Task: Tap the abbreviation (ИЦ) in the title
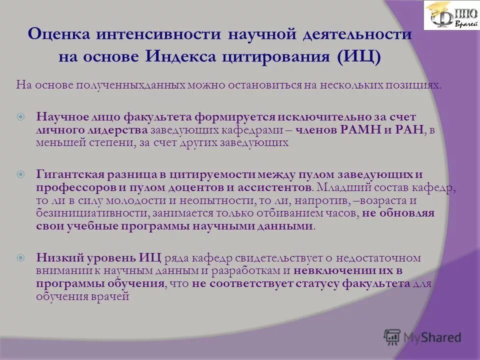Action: click(x=358, y=56)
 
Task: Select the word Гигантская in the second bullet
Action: click(x=69, y=174)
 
